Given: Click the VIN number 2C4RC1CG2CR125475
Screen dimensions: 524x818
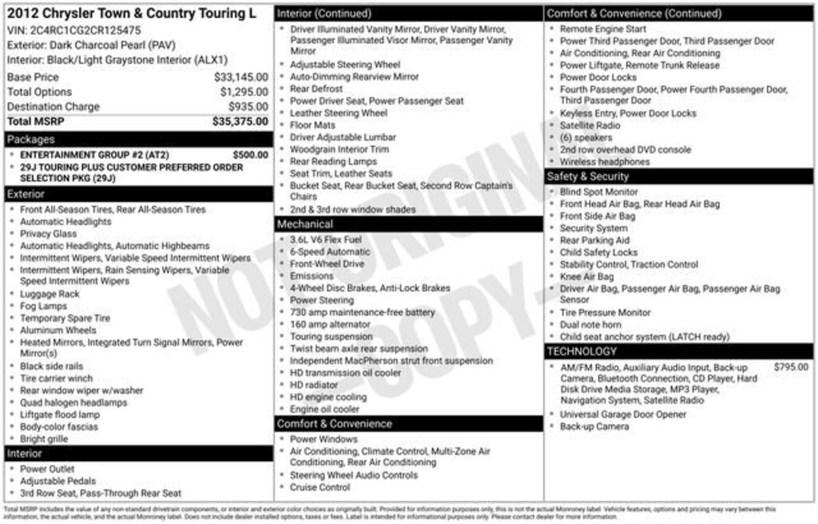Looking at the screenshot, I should click(x=85, y=30).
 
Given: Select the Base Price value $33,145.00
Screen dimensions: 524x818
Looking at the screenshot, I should click(x=240, y=77).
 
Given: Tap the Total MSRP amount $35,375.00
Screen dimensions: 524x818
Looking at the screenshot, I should click(x=240, y=121).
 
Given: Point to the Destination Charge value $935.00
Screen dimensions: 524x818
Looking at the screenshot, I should click(x=248, y=107).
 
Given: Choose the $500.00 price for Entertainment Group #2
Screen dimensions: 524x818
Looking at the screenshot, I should click(x=250, y=155).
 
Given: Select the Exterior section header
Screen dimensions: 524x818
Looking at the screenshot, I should click(x=26, y=194).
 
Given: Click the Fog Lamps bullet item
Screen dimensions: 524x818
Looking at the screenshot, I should click(x=44, y=306).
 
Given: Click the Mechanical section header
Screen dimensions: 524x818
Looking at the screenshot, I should click(x=305, y=224).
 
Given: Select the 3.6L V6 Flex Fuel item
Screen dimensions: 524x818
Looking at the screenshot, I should click(x=326, y=240).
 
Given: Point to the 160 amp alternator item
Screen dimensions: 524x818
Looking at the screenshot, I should click(x=330, y=324).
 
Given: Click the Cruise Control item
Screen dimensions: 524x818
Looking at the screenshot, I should click(x=320, y=487).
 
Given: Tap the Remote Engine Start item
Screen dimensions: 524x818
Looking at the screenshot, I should click(x=603, y=29).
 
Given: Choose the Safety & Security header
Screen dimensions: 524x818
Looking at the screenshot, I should click(x=588, y=177).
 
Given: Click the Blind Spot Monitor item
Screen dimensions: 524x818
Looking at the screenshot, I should click(x=599, y=192).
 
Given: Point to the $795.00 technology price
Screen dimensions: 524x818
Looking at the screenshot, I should click(x=791, y=367).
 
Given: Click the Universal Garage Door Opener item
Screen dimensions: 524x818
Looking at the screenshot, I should click(x=623, y=415).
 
